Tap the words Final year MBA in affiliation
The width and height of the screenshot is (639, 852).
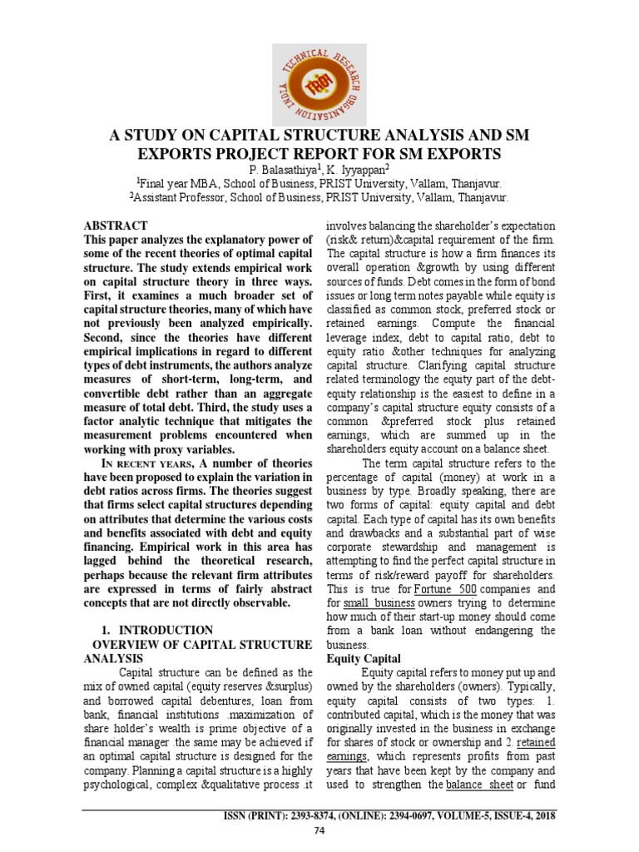point(177,184)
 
